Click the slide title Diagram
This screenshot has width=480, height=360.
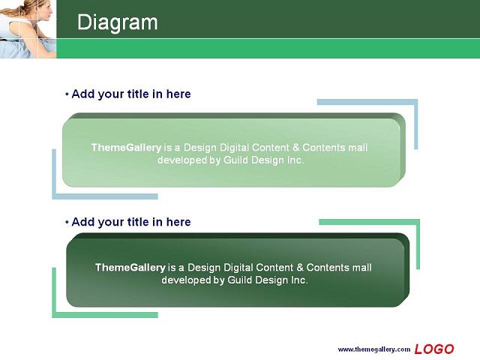(x=118, y=23)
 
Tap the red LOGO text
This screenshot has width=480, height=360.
(x=434, y=349)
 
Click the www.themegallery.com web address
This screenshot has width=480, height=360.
(x=373, y=349)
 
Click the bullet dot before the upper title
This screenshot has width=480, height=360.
(x=67, y=94)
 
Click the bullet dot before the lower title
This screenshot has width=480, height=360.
(x=67, y=222)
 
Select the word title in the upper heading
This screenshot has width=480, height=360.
(x=138, y=94)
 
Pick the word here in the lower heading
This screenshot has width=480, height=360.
(x=178, y=222)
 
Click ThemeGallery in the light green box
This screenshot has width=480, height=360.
(x=126, y=148)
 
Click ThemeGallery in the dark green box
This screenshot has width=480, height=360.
(x=130, y=268)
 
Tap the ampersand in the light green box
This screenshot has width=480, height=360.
(x=295, y=148)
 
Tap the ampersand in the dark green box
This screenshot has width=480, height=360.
(x=300, y=268)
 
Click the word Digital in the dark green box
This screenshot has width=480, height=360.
(x=238, y=268)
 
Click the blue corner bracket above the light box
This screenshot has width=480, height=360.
(x=415, y=102)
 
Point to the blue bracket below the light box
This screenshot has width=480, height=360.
(x=54, y=196)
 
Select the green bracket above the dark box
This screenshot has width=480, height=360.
(x=418, y=222)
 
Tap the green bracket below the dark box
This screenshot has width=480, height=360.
(x=54, y=315)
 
